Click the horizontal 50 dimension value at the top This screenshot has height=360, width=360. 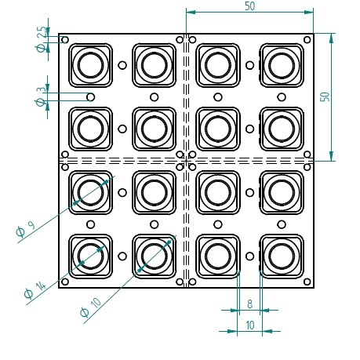click(x=249, y=5)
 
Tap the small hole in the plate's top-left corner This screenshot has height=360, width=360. click(x=65, y=39)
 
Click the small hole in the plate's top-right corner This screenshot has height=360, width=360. click(x=307, y=39)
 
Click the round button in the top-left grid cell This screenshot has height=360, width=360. click(x=91, y=64)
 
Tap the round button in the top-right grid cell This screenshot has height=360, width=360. click(x=282, y=64)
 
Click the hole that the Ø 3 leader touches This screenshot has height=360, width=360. click(x=91, y=96)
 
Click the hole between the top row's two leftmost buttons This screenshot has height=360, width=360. click(x=122, y=65)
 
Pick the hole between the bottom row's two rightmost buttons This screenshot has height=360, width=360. click(x=249, y=255)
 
